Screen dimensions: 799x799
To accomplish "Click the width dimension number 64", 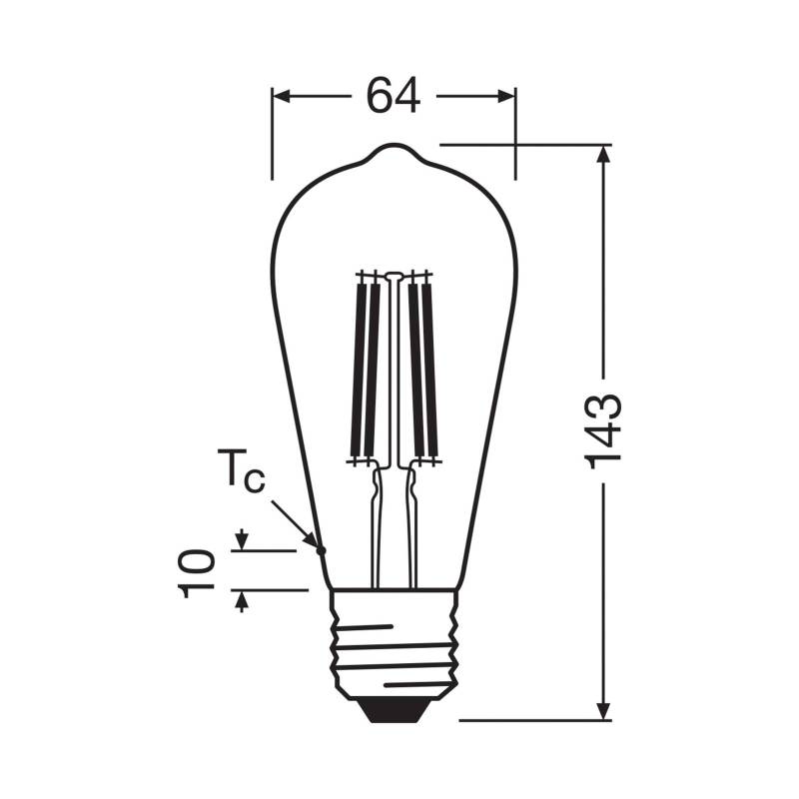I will tap(393, 96).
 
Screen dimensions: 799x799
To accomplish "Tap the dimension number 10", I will tap(199, 570).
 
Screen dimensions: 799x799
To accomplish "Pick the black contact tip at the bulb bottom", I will tap(394, 708).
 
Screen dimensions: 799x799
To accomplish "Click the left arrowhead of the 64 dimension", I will tap(281, 96).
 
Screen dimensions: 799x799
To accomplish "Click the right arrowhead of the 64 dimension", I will tap(507, 96).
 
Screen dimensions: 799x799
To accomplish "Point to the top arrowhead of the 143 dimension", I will tap(603, 154).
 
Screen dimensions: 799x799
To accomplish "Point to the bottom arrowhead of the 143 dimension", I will tap(603, 710).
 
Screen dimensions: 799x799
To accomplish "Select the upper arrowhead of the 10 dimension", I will tap(240, 542).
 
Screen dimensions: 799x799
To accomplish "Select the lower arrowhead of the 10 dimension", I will tap(240, 598).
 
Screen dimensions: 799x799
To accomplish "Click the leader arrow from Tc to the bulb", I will tap(296, 521).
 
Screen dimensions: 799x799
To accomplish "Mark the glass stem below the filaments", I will tap(395, 529).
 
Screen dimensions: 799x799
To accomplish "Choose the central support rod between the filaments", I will tap(395, 370).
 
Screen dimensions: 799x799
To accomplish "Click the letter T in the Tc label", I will tap(231, 466).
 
